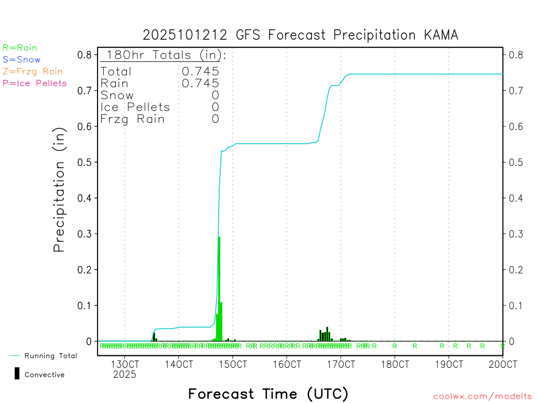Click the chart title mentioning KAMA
click(x=300, y=35)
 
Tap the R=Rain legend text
click(x=20, y=48)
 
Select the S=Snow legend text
click(x=22, y=60)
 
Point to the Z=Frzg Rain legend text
click(x=33, y=71)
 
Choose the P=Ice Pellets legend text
click(x=35, y=83)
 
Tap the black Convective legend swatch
click(x=17, y=374)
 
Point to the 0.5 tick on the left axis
click(x=85, y=162)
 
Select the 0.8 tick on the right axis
click(x=513, y=55)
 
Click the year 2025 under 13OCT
click(x=124, y=375)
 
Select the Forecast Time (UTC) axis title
click(x=268, y=394)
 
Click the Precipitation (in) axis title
click(x=59, y=190)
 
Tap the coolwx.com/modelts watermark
click(x=482, y=397)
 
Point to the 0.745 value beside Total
click(x=200, y=71)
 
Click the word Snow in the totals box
click(x=117, y=95)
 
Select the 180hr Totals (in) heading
click(x=164, y=55)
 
